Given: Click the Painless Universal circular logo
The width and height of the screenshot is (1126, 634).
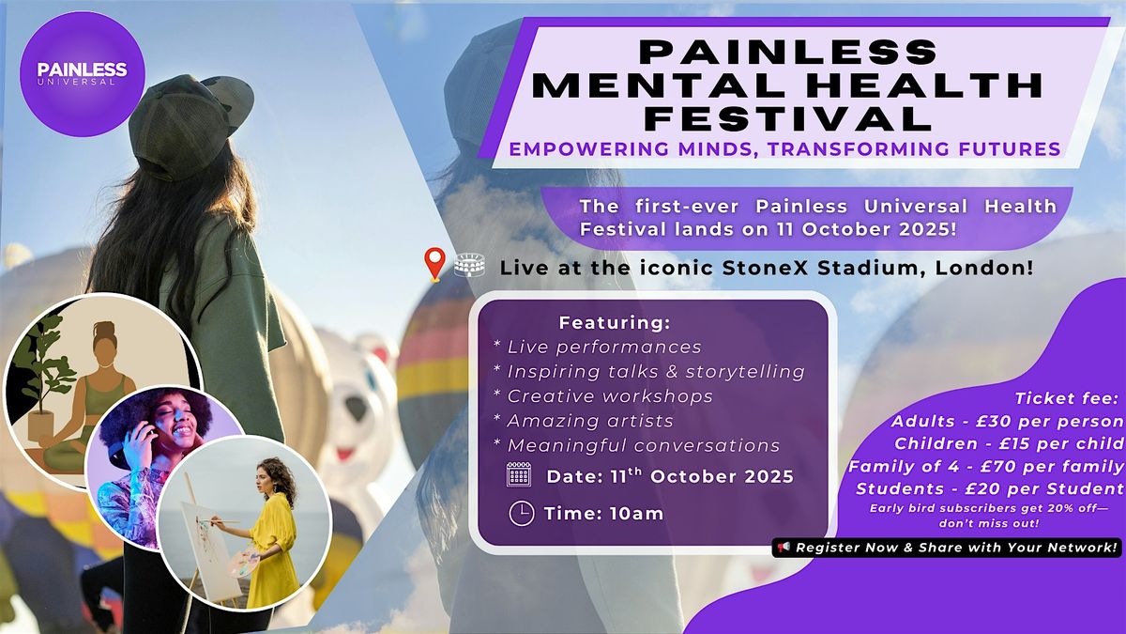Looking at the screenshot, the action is pyautogui.click(x=83, y=74).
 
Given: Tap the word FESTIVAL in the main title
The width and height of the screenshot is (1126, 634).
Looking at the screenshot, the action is pyautogui.click(x=789, y=118).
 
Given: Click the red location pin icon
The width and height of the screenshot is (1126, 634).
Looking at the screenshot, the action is pyautogui.click(x=434, y=264).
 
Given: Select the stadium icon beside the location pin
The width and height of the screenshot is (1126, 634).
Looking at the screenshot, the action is pyautogui.click(x=469, y=265).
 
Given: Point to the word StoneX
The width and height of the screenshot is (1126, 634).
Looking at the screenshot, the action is pyautogui.click(x=765, y=268).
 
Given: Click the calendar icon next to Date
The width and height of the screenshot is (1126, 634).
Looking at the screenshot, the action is pyautogui.click(x=519, y=474).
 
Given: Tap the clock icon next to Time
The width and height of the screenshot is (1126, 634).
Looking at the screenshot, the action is pyautogui.click(x=522, y=514).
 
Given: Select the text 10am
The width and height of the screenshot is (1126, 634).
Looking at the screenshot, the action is pyautogui.click(x=636, y=514).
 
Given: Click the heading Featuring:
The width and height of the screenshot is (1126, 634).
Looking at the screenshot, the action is pyautogui.click(x=615, y=323).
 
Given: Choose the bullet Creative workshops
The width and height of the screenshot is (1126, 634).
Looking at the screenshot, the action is pyautogui.click(x=610, y=396).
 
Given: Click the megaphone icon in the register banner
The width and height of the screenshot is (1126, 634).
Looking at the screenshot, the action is pyautogui.click(x=784, y=547).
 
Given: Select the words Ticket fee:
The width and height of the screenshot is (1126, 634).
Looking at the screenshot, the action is pyautogui.click(x=1066, y=398).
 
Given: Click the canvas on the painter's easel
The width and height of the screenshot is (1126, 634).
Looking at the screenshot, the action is pyautogui.click(x=211, y=549).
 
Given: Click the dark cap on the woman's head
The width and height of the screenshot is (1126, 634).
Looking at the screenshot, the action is pyautogui.click(x=191, y=121).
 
